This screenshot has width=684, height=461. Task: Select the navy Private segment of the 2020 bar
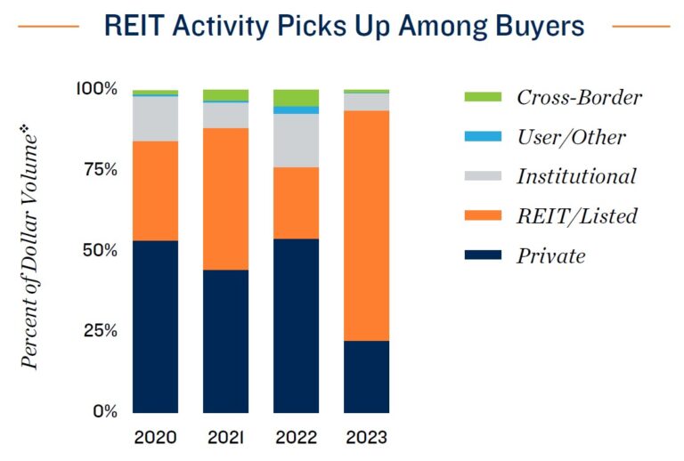coord(155,326)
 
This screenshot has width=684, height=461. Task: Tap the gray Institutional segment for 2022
coord(296,140)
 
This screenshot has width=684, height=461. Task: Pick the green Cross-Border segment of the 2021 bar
coord(225,95)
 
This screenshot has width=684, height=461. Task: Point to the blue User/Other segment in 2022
coord(296,109)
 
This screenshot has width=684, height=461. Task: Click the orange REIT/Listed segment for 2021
coord(225,198)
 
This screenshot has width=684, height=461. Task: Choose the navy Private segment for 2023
coord(366,376)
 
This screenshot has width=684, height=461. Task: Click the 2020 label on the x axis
coord(155,438)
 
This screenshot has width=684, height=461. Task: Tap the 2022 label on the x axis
coord(296,438)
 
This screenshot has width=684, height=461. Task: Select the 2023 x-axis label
coord(366,438)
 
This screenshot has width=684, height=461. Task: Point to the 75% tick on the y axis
coord(98,169)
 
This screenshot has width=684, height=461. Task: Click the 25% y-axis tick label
coord(98,331)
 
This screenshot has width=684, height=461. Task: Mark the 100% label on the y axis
coord(96,88)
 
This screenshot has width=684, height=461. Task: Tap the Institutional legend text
coord(576,176)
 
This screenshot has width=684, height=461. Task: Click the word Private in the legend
coord(550,256)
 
